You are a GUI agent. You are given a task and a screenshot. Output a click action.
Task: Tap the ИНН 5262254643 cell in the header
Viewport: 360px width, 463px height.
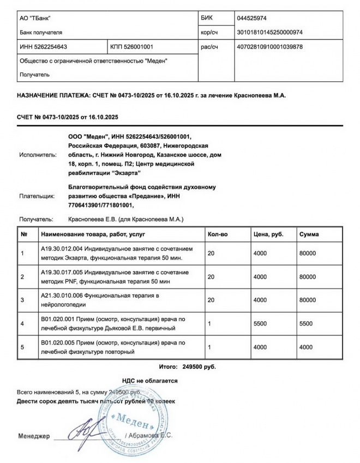pyautogui.click(x=43, y=47)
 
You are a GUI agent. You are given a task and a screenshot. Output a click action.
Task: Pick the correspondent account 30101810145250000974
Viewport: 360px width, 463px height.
pyautogui.click(x=269, y=32)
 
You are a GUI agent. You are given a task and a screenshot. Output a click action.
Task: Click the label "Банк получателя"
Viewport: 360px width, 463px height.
pyautogui.click(x=40, y=33)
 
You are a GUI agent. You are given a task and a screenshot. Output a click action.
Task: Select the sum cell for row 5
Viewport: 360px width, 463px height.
pyautogui.click(x=306, y=346)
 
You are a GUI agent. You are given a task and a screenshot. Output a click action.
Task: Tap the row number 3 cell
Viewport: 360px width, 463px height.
pyautogui.click(x=22, y=300)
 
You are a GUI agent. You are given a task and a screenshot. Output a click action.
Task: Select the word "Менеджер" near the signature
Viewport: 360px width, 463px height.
pyautogui.click(x=34, y=436)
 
